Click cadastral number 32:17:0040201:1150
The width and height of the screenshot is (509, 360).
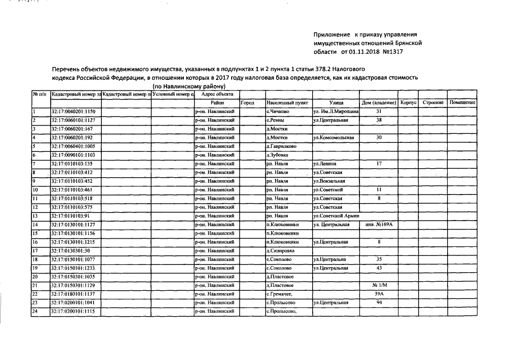pos(73,112)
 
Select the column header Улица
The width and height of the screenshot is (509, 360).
pos(337,103)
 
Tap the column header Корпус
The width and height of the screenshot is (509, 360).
pos(408,103)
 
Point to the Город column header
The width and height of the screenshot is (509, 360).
pos(247,103)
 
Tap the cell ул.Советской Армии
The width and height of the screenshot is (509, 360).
pos(336,216)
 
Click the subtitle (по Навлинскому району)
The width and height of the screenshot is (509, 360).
pos(189,86)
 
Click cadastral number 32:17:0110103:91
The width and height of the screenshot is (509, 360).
pos(71,216)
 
